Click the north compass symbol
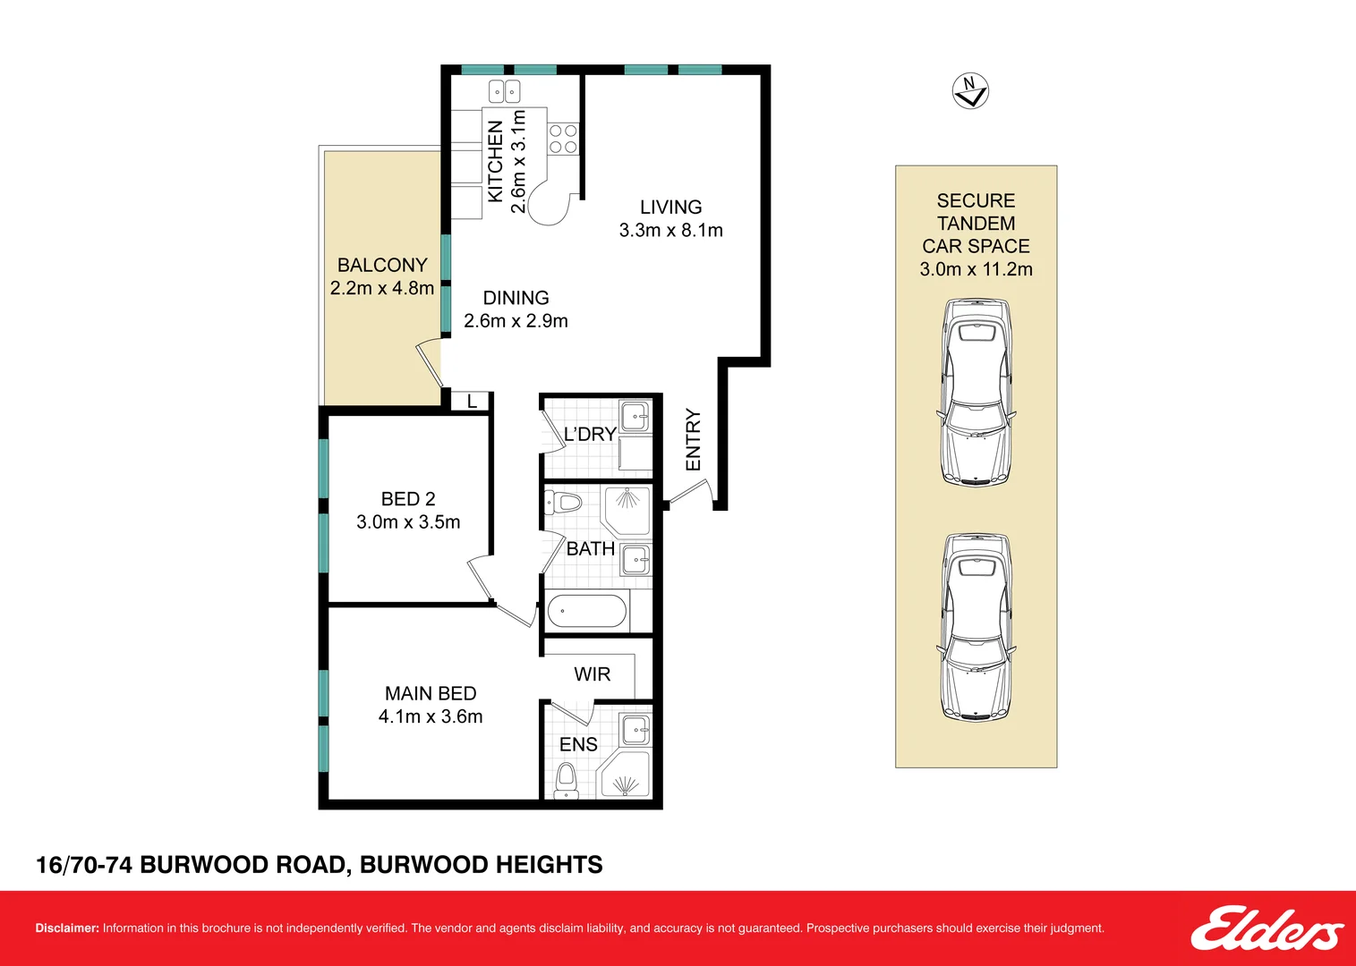tap(970, 91)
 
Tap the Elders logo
tap(1266, 928)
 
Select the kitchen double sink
tap(504, 92)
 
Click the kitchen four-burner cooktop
tap(563, 139)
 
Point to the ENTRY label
tap(693, 440)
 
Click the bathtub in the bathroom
tap(586, 611)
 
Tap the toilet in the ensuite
tap(567, 780)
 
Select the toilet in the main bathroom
tap(563, 502)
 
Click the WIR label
tap(592, 674)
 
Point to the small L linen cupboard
tap(472, 401)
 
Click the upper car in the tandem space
tap(976, 393)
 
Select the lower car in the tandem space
tap(976, 627)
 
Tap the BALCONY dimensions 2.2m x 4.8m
tap(382, 288)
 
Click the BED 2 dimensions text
tap(408, 521)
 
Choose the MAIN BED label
tap(431, 693)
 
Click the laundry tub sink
tap(635, 416)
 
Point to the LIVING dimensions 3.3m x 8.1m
tap(670, 230)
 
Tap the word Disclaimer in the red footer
tap(67, 928)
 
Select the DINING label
tap(516, 298)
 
